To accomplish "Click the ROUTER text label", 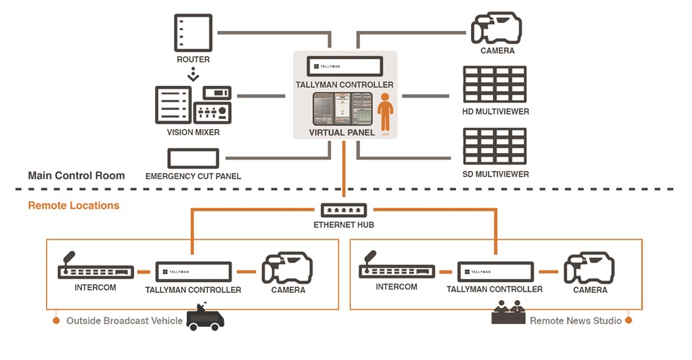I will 193,59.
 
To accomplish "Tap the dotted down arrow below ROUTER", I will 193,74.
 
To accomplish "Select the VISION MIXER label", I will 193,132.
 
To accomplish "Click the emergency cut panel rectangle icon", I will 193,159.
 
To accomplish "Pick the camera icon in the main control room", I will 496,29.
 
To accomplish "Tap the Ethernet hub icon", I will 344,210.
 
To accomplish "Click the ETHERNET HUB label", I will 344,224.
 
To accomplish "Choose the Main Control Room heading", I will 76,175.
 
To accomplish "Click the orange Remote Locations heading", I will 74,206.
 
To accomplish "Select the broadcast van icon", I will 205,317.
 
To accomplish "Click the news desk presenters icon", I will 507,315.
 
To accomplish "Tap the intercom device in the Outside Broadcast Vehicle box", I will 95,270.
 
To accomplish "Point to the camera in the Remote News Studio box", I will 590,270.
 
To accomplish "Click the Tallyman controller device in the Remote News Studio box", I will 494,272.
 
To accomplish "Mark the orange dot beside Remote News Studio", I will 629,320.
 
